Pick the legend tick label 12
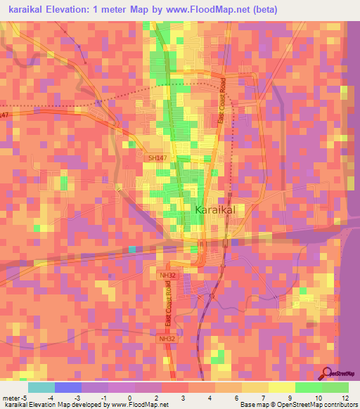coord(345,398)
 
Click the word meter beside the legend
coord(10,398)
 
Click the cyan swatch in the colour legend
coord(41,387)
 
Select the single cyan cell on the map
coord(132,249)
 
